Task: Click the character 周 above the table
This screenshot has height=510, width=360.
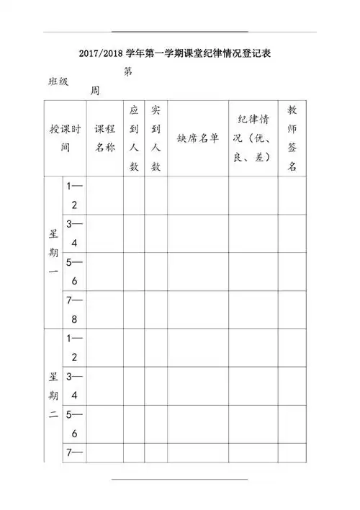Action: tap(94, 91)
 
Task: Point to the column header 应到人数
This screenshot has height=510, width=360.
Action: tap(133, 138)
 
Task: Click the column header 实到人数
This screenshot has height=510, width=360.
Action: tap(155, 138)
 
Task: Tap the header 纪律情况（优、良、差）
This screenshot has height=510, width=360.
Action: tap(253, 138)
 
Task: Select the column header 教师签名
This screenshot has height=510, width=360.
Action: tap(292, 138)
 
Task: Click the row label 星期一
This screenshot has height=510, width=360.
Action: tap(53, 252)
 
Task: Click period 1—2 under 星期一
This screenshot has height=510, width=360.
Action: tap(74, 195)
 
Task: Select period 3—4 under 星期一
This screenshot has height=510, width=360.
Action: tap(74, 233)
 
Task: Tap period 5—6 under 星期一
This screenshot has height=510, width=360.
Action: tap(74, 272)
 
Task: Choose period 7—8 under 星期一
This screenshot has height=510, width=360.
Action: tap(74, 310)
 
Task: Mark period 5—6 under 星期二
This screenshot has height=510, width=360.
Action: tap(74, 424)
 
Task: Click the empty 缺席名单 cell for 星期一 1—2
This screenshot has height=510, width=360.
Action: tap(198, 195)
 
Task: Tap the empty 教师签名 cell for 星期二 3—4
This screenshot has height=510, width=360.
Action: tap(292, 386)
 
